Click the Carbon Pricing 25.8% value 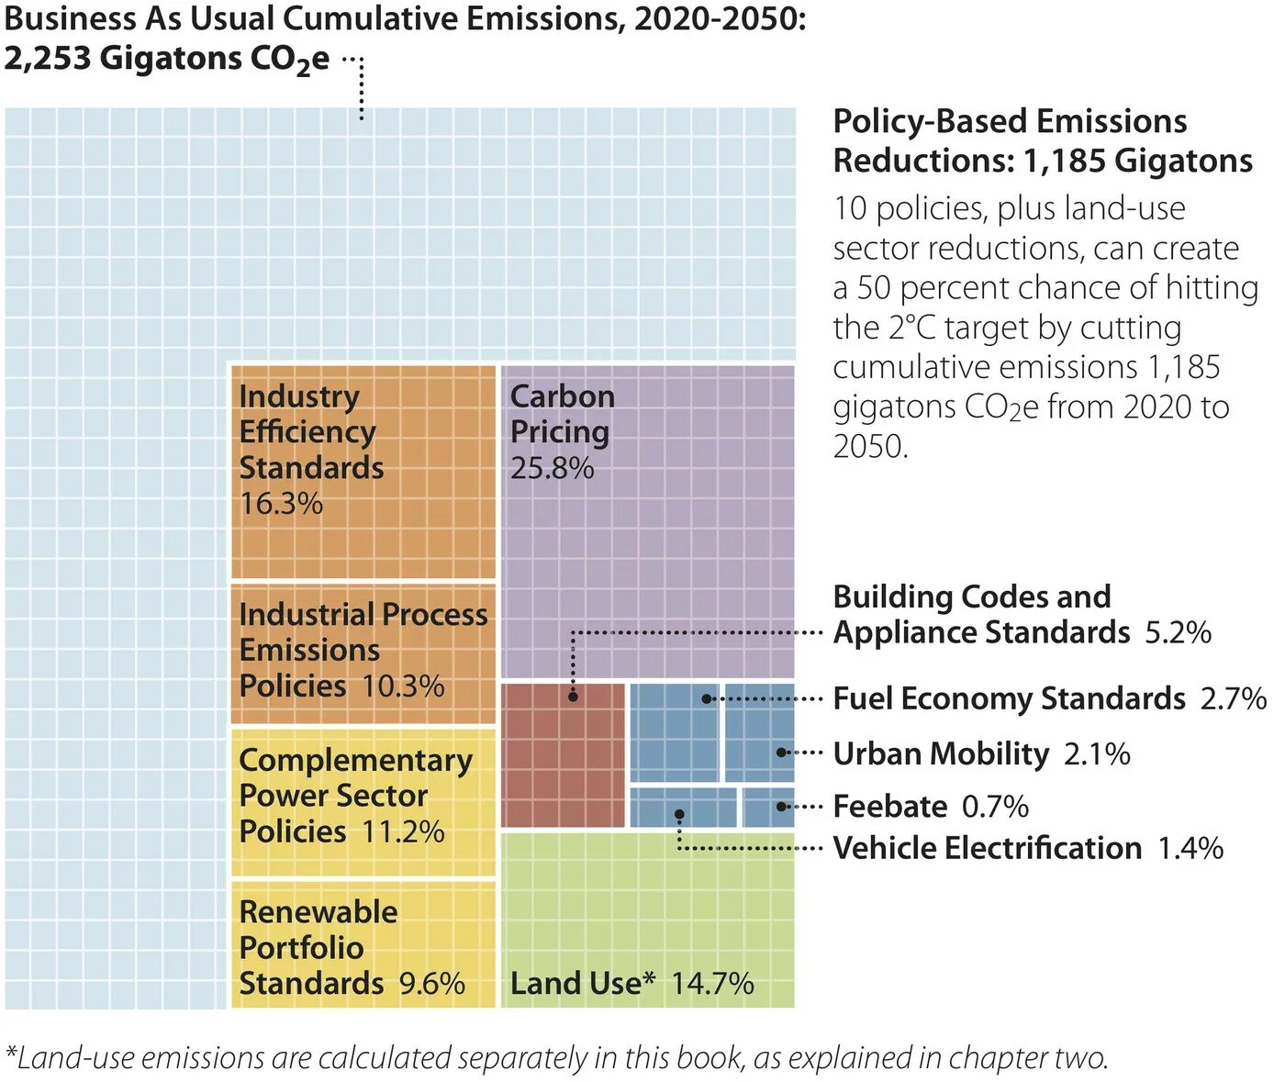[x=552, y=468]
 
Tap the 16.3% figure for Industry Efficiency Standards [x=281, y=504]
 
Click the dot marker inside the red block [x=573, y=697]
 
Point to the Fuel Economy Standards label [x=1009, y=698]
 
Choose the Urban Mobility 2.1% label [x=981, y=753]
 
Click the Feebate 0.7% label [x=930, y=807]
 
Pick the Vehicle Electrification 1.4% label [x=1027, y=848]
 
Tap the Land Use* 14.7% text [x=631, y=984]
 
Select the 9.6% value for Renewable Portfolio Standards [x=431, y=984]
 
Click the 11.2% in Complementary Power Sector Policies [x=403, y=832]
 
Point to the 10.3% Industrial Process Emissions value [x=403, y=686]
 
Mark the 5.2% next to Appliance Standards [x=1178, y=633]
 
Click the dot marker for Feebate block [x=780, y=807]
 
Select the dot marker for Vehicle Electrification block [x=679, y=814]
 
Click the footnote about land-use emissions [x=557, y=1058]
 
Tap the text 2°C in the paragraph [x=911, y=328]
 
